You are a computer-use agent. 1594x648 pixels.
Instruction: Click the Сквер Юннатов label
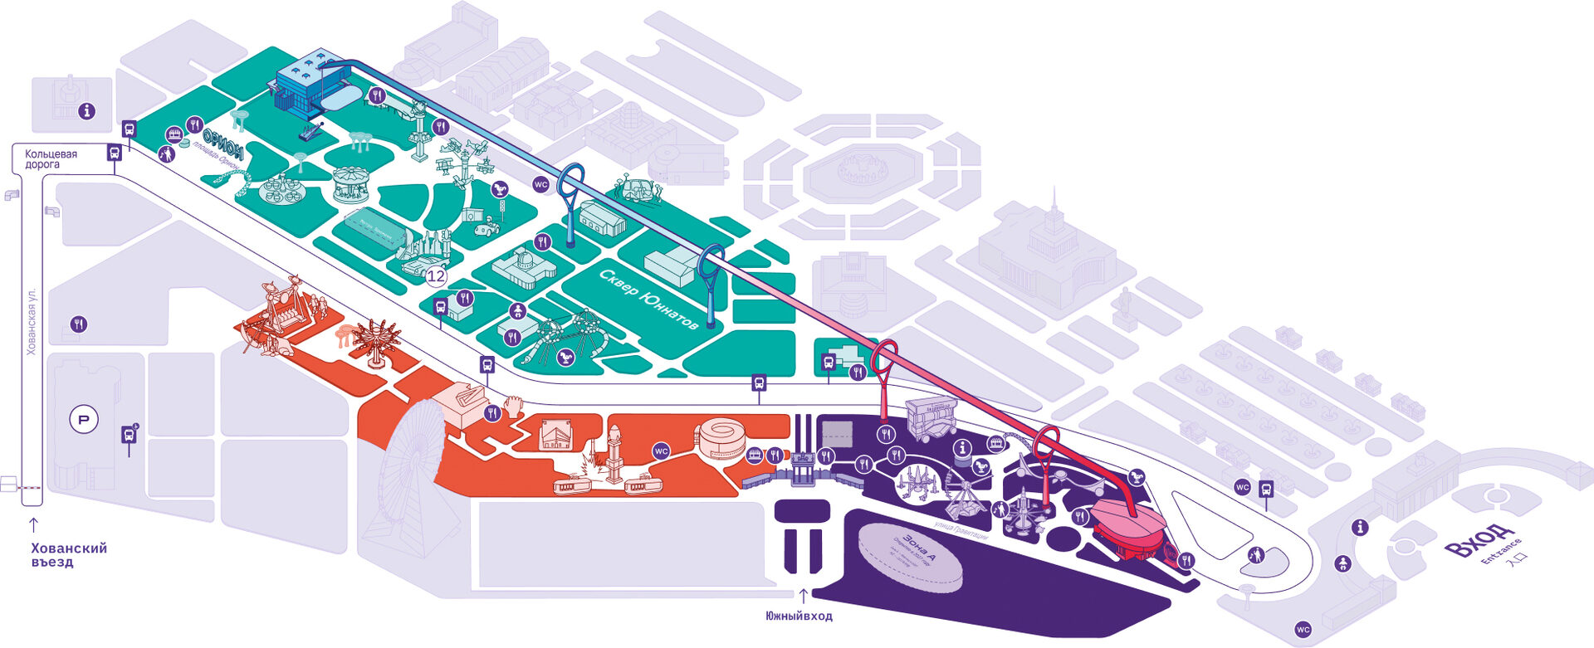click(648, 299)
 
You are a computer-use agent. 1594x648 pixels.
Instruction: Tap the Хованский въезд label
click(69, 555)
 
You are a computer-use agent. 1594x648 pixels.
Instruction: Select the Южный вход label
click(799, 616)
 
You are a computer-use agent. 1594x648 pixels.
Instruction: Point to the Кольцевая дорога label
click(51, 159)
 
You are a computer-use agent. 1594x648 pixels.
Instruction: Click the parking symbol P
click(83, 420)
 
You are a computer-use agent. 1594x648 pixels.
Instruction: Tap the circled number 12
click(436, 276)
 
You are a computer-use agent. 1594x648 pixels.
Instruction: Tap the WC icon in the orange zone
click(661, 451)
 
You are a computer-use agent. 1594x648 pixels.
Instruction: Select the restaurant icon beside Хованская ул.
click(78, 324)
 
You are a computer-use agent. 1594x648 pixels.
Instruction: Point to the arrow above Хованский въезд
click(34, 524)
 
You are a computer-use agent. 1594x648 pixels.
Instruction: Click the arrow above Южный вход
click(803, 596)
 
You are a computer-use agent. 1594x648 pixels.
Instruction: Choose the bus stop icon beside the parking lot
click(130, 434)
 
